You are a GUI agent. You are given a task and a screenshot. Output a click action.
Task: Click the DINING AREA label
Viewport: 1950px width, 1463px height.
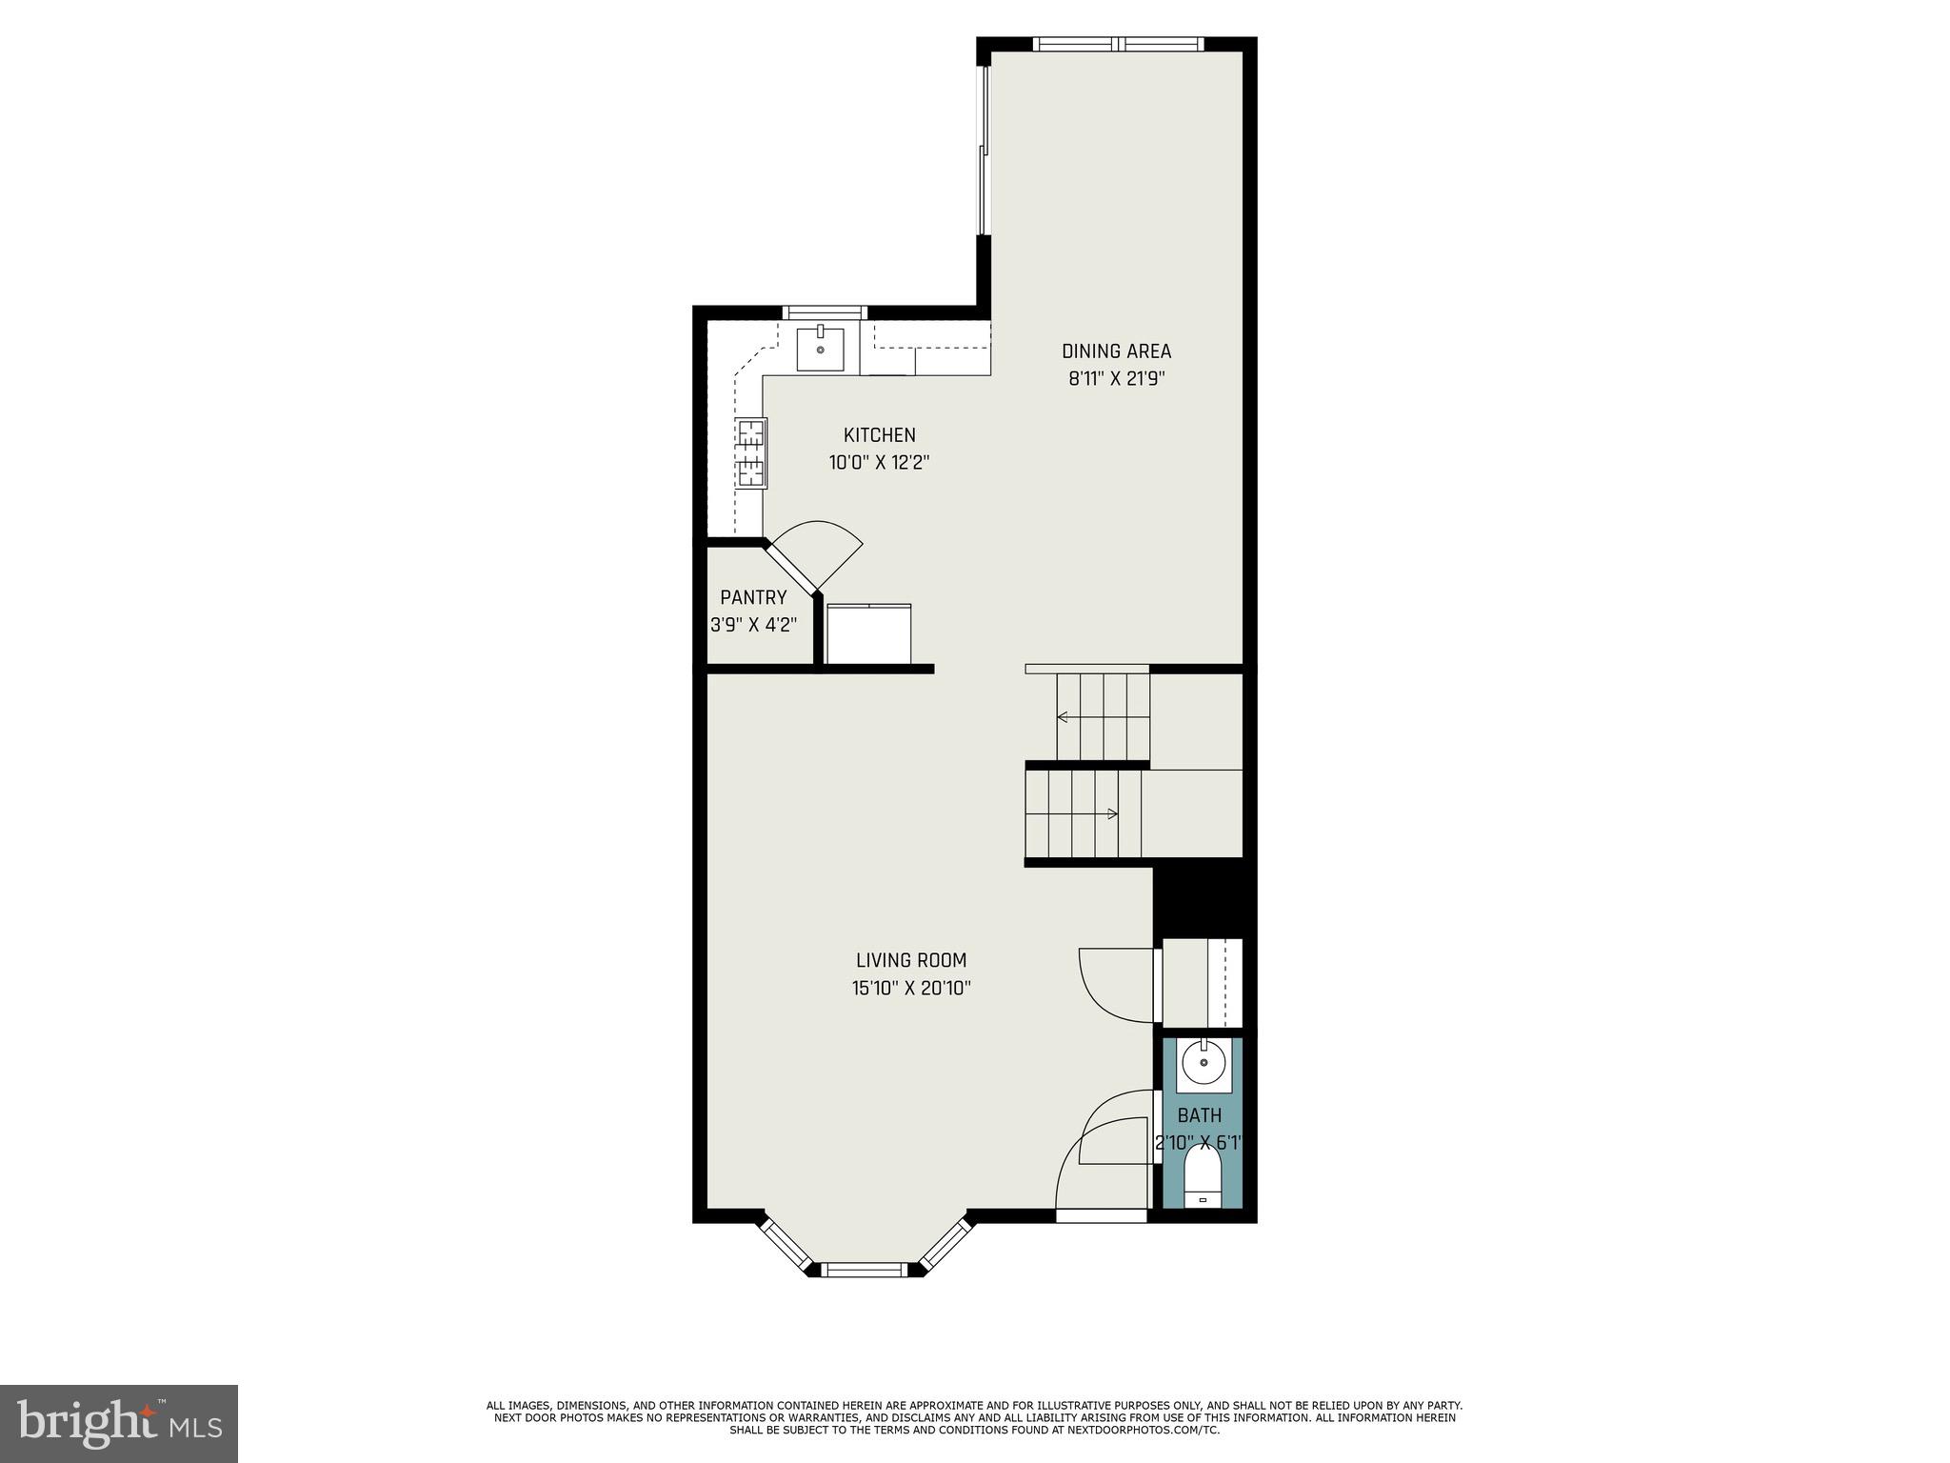click(1116, 351)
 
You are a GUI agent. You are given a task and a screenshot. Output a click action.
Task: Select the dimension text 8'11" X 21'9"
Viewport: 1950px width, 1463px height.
click(1116, 378)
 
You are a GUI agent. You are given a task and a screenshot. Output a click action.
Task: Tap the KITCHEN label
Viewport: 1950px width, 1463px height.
click(879, 435)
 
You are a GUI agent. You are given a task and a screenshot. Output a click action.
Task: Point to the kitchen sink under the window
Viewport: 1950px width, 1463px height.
click(820, 349)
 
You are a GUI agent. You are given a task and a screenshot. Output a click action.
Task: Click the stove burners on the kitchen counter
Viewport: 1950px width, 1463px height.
click(750, 453)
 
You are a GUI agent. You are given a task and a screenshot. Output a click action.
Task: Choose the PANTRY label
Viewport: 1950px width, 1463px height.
click(753, 597)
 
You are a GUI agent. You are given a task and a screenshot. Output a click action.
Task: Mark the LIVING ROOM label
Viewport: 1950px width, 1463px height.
click(910, 960)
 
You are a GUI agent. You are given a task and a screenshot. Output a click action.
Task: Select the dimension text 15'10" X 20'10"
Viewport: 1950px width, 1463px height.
click(910, 989)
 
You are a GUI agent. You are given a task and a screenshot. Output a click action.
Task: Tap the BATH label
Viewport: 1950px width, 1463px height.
click(1199, 1115)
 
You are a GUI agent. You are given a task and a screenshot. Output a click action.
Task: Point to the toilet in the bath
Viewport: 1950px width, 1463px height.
click(1203, 1179)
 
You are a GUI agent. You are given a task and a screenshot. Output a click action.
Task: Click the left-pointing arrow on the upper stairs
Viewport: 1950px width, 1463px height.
click(1063, 717)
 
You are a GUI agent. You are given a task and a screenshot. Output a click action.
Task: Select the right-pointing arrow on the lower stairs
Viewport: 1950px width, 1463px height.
click(1111, 813)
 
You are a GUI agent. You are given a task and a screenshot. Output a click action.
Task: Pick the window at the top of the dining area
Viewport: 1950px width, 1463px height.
click(1118, 44)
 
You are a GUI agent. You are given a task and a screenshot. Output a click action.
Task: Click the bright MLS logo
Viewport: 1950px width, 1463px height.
click(119, 1423)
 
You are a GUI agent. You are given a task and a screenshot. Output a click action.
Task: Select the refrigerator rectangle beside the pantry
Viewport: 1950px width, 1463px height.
click(868, 633)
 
